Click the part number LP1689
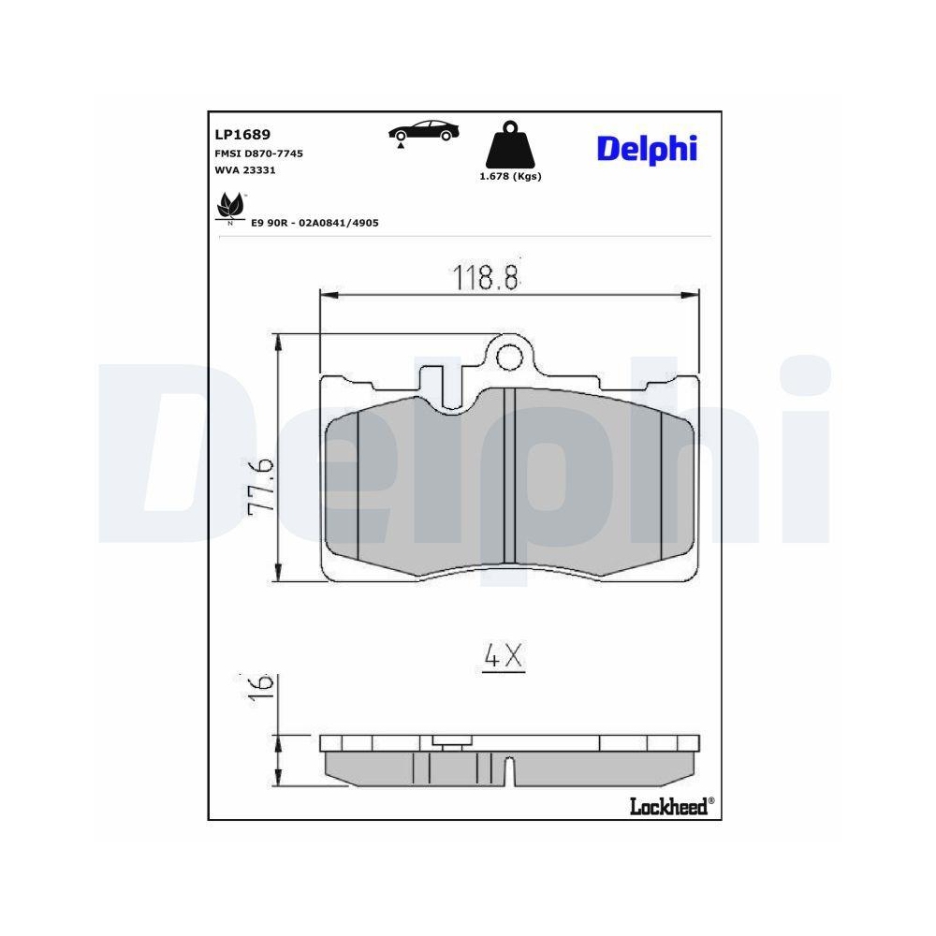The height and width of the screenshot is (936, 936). (243, 135)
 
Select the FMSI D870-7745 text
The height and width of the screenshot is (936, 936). (259, 153)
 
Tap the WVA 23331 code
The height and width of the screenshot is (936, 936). (244, 170)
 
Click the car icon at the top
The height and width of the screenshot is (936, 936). (424, 132)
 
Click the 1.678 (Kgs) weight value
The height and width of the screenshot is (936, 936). (510, 176)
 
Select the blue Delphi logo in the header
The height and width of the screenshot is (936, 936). (647, 148)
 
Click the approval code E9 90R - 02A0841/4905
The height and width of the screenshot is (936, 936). (314, 224)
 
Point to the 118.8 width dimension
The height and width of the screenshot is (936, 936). (486, 276)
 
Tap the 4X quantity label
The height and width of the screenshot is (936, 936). (503, 658)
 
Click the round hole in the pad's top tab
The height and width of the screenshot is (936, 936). (509, 356)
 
